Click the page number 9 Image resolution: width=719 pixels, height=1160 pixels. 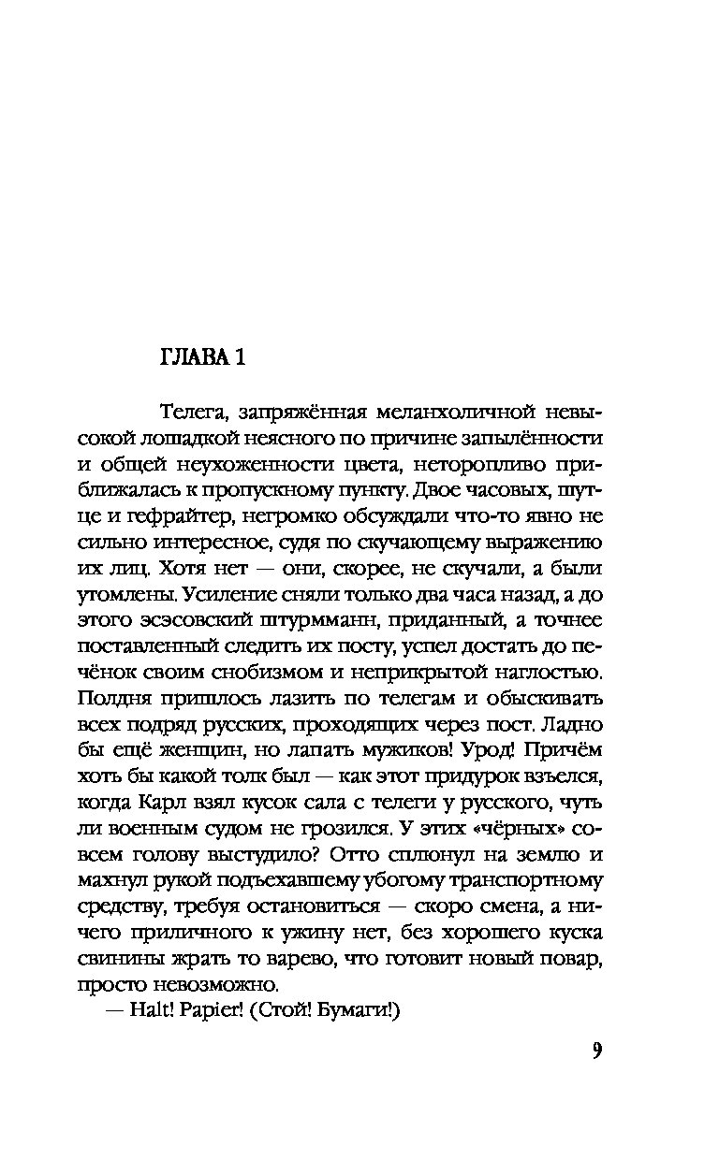[596, 1050]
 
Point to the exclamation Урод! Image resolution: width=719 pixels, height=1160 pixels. [487, 751]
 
